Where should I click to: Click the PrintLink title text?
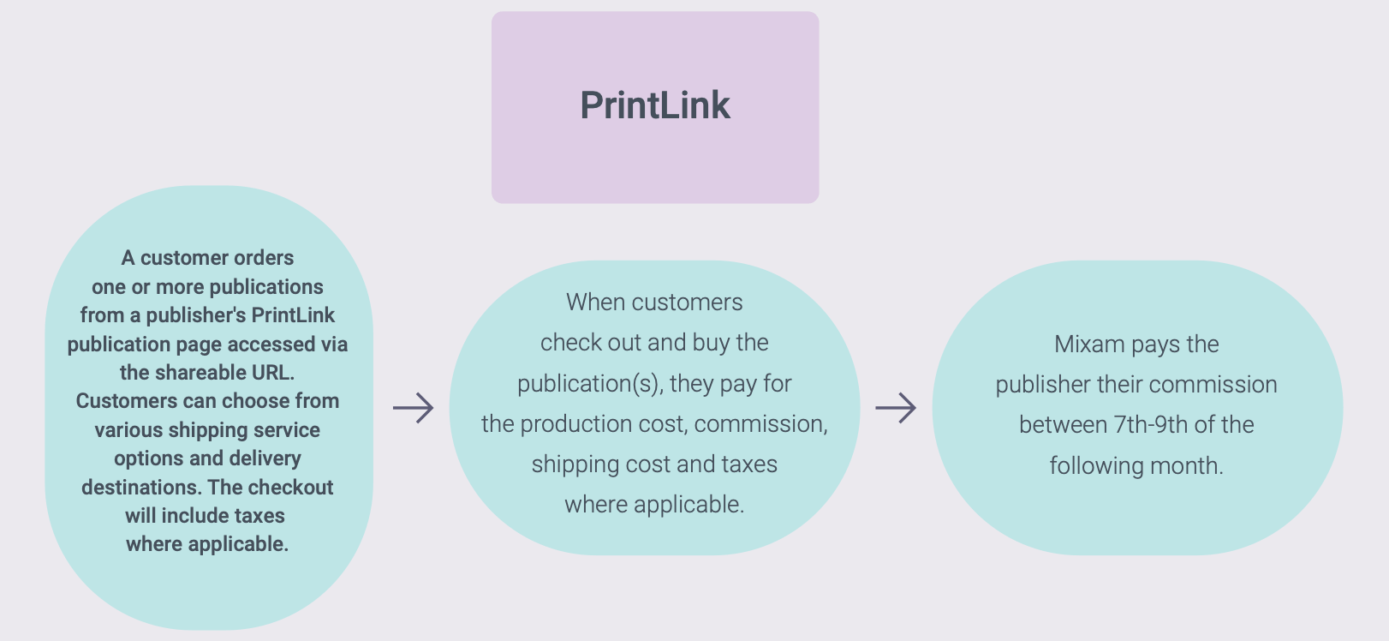coord(655,105)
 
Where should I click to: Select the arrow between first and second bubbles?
coord(413,408)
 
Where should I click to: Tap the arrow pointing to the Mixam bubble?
coord(896,408)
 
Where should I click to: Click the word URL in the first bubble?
coord(272,373)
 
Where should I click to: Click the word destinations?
coord(141,488)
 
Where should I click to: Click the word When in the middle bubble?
coord(594,303)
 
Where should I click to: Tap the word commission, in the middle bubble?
coord(760,424)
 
